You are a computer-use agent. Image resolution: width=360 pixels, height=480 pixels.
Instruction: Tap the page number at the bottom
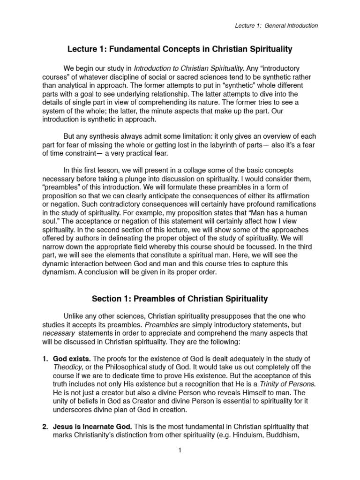pyautogui.click(x=180, y=450)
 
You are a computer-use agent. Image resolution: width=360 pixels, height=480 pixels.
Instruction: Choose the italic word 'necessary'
pyautogui.click(x=59, y=332)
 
